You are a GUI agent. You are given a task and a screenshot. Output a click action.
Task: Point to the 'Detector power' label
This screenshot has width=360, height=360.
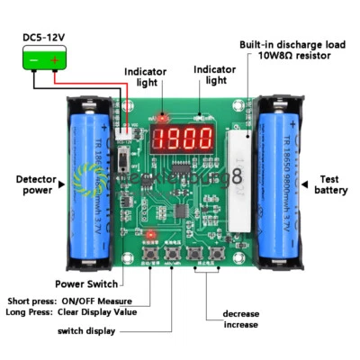tap(30, 184)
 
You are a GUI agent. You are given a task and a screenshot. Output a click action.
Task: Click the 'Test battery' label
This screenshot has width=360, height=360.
tap(332, 184)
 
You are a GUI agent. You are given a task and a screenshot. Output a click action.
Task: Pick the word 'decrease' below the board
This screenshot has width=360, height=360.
tap(240, 314)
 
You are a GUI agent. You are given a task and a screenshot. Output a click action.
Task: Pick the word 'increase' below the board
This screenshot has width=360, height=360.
tap(240, 325)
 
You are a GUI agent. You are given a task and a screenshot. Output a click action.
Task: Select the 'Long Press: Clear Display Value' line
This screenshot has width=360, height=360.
tap(71, 312)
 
